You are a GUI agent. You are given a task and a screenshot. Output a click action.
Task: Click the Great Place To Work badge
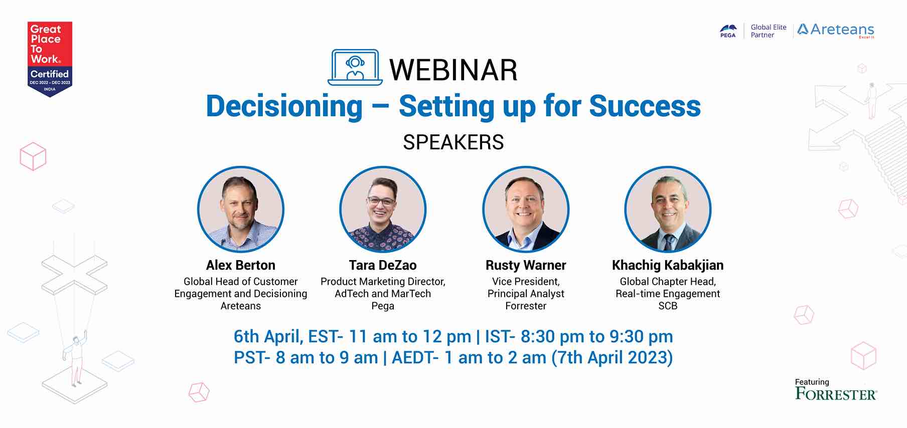[x=50, y=59]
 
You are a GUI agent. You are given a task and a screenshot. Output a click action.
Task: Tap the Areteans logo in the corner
[x=836, y=30]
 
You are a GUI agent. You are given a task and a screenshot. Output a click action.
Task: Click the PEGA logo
[x=728, y=31]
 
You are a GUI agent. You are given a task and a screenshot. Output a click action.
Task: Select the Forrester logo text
[x=836, y=394]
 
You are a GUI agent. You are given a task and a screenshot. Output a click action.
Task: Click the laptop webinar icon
[x=355, y=67]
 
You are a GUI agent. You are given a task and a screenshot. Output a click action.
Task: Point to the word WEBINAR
[x=454, y=70]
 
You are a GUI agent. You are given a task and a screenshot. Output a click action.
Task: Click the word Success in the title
[x=645, y=106]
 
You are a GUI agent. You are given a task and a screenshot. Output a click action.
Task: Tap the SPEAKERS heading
[x=454, y=142]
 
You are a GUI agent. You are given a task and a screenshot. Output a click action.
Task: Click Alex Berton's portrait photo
[x=241, y=209]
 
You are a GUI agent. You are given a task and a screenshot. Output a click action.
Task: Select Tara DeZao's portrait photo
[x=383, y=209]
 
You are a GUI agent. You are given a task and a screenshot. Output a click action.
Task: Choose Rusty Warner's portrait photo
[x=526, y=209]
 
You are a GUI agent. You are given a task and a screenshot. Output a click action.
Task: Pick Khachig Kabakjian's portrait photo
[x=668, y=209]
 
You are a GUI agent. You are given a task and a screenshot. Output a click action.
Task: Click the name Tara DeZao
[x=383, y=265]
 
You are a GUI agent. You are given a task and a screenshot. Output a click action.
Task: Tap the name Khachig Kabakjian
[x=668, y=265]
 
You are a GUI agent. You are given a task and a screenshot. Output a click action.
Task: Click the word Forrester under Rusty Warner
[x=526, y=306]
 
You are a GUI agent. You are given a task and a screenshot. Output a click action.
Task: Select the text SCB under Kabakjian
[x=668, y=306]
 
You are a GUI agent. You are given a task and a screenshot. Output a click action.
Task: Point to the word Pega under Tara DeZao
[x=383, y=306]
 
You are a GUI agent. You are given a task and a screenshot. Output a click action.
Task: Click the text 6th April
[x=268, y=337]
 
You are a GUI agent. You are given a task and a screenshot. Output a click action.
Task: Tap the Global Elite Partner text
[x=769, y=31]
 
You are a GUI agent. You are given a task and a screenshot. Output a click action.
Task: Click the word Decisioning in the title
[x=284, y=106]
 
